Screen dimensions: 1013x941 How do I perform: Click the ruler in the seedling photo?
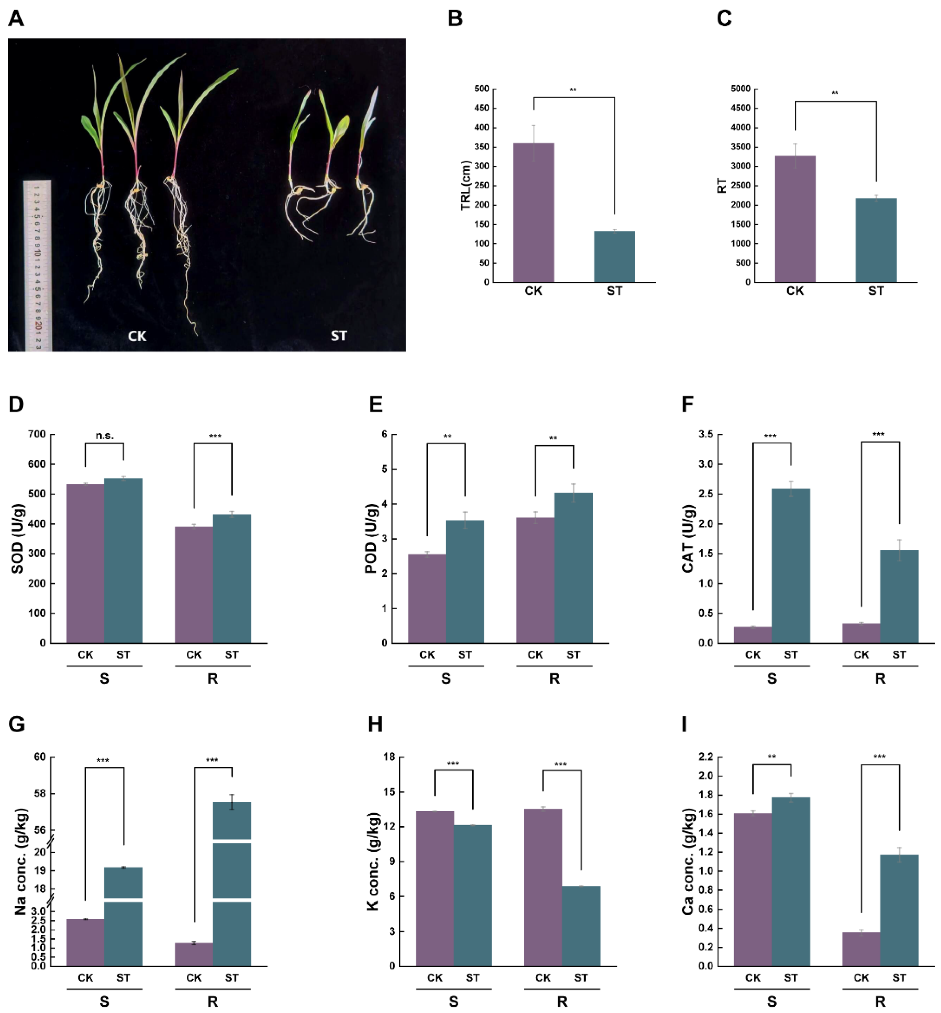37,265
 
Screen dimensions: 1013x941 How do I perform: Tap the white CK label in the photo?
137,336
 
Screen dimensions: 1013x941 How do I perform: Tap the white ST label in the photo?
338,336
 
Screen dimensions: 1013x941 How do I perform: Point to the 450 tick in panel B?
481,108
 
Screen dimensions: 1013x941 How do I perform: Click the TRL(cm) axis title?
465,186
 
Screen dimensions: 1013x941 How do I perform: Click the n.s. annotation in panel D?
105,436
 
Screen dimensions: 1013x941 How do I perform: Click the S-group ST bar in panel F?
791,565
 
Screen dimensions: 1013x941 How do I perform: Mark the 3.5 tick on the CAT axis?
705,434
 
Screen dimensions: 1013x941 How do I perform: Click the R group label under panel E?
554,679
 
